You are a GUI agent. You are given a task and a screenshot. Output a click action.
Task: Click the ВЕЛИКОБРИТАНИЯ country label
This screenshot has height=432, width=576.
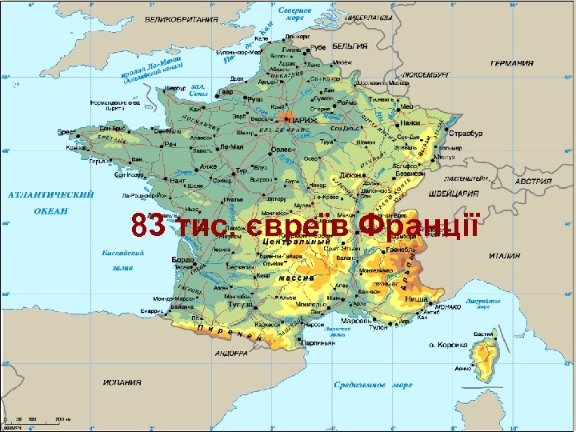[x=182, y=17]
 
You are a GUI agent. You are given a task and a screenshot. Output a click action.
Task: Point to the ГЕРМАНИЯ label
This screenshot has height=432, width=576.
[x=513, y=63]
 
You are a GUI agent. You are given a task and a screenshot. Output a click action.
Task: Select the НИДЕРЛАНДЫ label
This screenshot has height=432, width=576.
[x=369, y=16]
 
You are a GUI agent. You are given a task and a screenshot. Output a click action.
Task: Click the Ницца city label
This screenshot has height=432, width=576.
[x=417, y=298]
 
